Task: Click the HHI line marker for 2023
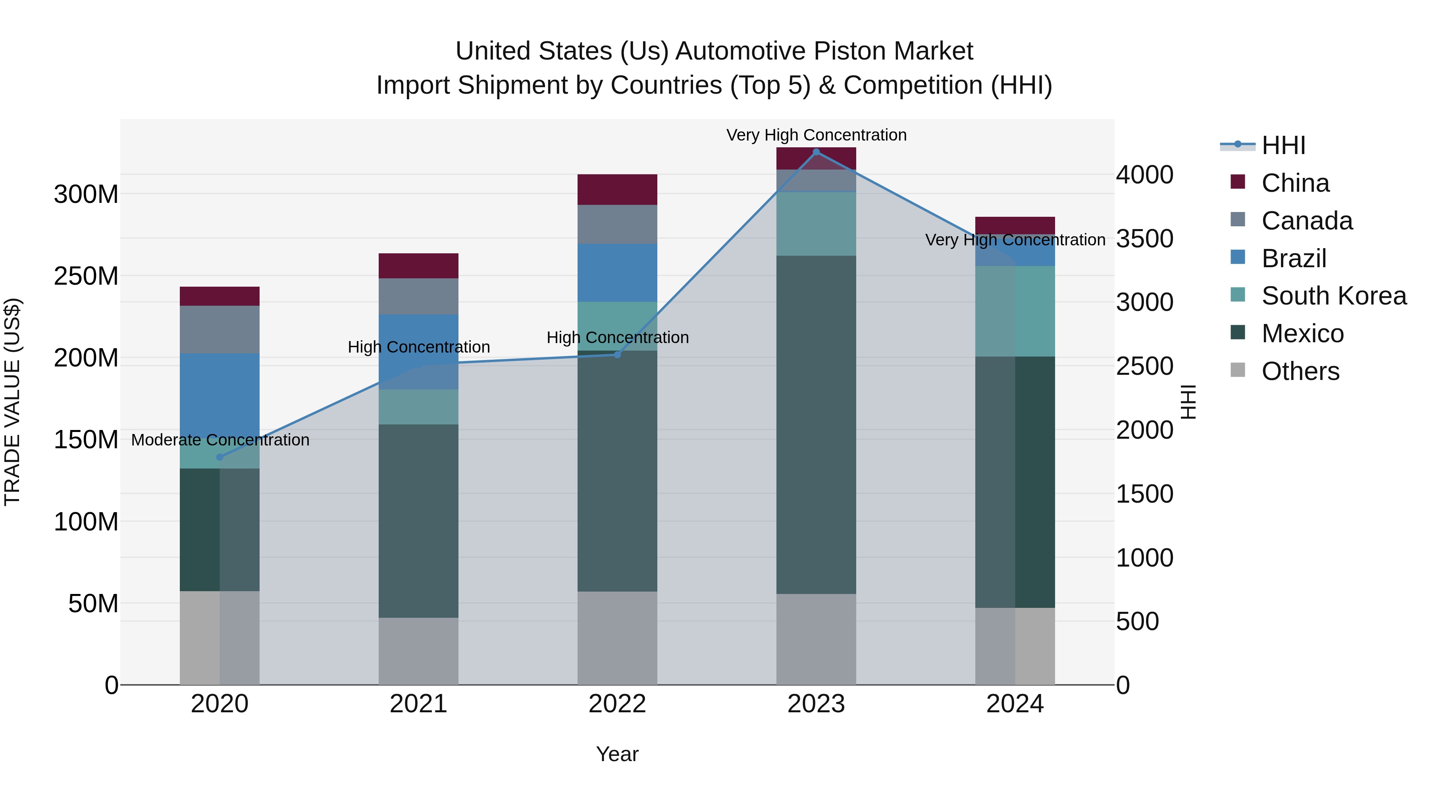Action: pos(816,152)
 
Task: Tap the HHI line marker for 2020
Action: pos(220,457)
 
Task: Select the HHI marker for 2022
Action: pos(617,355)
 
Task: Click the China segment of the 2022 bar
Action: pos(617,190)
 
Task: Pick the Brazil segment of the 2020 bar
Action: pos(220,388)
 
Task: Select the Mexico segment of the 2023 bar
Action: pos(816,424)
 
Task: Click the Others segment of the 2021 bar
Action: pos(418,651)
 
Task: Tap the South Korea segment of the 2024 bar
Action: pos(1015,311)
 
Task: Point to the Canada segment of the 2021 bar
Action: pos(418,296)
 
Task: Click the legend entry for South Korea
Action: pos(1334,296)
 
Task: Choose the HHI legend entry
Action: pos(1283,145)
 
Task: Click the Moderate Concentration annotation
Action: pos(220,440)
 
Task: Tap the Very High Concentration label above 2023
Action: pos(816,135)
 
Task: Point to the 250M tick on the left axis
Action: pos(86,276)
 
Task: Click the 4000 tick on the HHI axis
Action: pos(1144,175)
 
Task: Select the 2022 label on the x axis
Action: pos(617,704)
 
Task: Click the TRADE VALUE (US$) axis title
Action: pos(12,402)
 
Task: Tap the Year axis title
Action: pos(617,754)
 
